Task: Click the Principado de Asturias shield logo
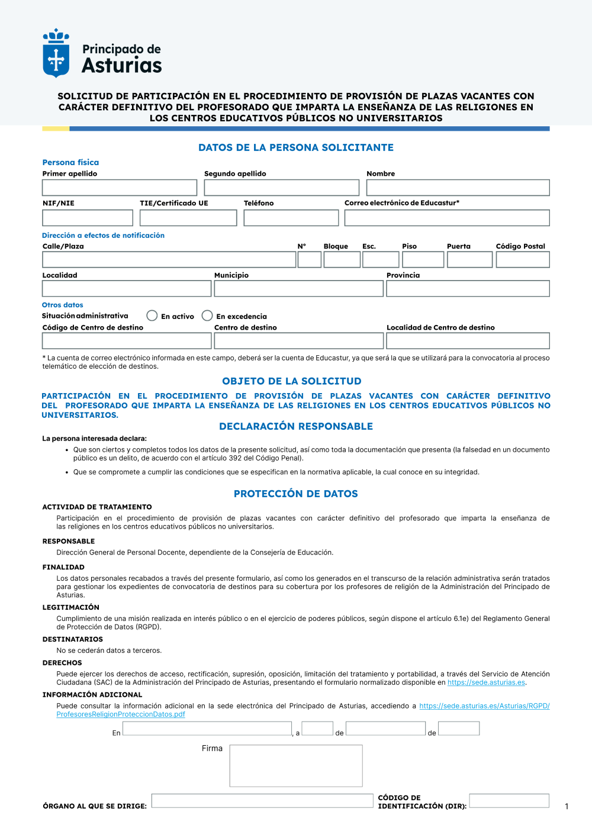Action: point(56,54)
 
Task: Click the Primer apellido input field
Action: point(120,188)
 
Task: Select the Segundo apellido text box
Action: point(281,188)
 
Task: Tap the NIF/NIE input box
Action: point(88,218)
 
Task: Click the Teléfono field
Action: point(291,218)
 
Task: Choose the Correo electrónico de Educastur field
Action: point(447,218)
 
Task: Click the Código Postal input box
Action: point(523,260)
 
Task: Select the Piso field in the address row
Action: point(423,260)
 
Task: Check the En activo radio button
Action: point(152,316)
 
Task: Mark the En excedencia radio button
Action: point(207,316)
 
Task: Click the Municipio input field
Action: point(298,289)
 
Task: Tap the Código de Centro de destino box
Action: point(127,341)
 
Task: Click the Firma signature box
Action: point(296,765)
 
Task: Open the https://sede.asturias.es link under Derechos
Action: point(486,683)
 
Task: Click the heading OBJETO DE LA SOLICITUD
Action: point(292,381)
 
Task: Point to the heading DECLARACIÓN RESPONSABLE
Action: point(296,426)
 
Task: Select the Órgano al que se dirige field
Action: point(262,801)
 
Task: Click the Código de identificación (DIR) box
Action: point(509,801)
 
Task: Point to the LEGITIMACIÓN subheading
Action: point(71,607)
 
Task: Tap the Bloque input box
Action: point(342,260)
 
